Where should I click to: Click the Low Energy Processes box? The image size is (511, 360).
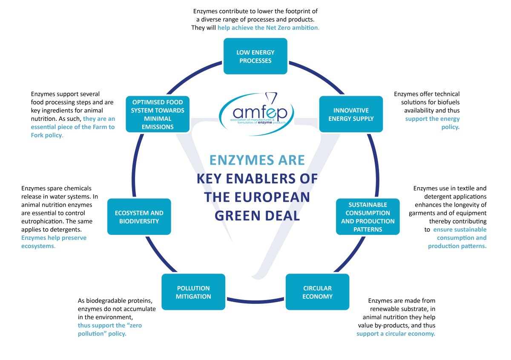coord(255,57)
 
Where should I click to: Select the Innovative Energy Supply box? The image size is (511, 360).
coord(351,114)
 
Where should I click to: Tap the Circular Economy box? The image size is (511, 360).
coord(317,292)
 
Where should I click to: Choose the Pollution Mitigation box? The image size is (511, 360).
coord(193,292)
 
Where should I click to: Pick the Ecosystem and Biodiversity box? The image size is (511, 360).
coord(139,217)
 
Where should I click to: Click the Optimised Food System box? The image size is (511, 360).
coord(158,114)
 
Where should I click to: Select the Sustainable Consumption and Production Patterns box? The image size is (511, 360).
coord(367,217)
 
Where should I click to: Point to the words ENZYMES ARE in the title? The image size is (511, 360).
coord(257,160)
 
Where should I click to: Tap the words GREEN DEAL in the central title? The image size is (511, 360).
coord(257,215)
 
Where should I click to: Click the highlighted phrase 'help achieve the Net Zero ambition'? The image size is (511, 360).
coord(268,28)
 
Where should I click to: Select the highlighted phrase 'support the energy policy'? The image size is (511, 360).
coord(432,123)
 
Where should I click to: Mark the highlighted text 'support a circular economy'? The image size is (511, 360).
coord(396,334)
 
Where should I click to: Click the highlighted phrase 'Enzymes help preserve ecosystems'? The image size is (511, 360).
coord(54,242)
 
